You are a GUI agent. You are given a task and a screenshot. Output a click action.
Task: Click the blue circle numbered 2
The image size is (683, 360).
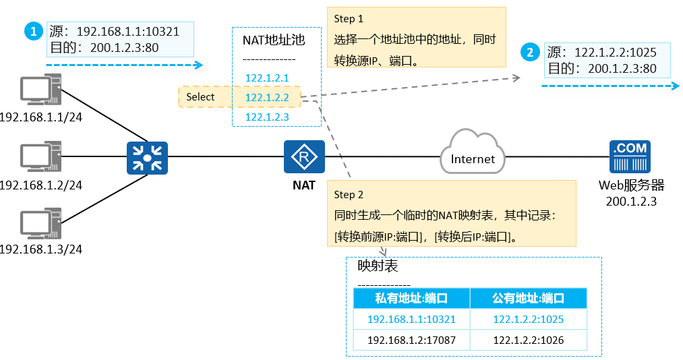(531, 52)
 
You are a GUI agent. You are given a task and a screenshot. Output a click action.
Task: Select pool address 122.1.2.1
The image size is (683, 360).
(267, 78)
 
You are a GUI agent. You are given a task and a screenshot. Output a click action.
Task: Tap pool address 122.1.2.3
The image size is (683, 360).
(267, 117)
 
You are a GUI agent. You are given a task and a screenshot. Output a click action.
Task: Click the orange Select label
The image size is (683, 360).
(200, 97)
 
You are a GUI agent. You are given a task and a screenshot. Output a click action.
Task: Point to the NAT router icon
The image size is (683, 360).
(304, 158)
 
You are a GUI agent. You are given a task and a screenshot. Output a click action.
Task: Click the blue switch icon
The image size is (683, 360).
(146, 158)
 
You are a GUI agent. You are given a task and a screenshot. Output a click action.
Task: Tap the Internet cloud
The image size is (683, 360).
(473, 156)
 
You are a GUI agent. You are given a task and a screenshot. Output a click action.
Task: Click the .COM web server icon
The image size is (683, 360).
(628, 157)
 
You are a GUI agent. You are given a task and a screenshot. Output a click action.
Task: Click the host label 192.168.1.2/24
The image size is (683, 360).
(40, 185)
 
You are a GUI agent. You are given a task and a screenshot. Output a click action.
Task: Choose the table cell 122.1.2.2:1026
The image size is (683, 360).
(528, 340)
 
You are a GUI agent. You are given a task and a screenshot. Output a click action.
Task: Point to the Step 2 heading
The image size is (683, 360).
(349, 195)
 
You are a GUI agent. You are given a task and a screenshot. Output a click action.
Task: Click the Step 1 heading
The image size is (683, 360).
(349, 20)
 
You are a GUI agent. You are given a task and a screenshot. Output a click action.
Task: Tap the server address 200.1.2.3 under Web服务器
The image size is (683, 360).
(632, 200)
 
